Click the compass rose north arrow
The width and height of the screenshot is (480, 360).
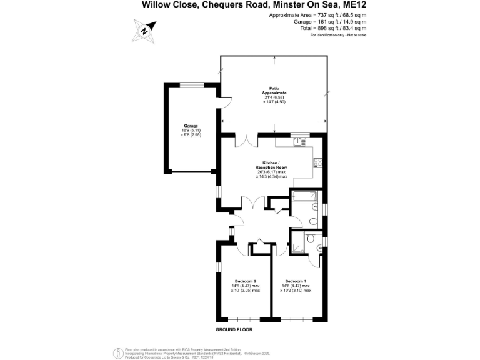point(144,29)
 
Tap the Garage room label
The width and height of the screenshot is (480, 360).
point(191,130)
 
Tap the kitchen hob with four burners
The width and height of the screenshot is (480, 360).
point(317,163)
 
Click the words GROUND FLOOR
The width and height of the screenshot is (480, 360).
point(234,329)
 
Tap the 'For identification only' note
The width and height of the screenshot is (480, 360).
point(338,35)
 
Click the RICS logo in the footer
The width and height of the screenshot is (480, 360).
point(117,352)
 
